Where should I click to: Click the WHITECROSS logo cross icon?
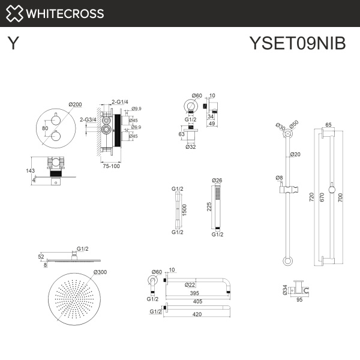tap(16, 13)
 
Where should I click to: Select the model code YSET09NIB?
tap(297, 44)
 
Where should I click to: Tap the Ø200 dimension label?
tap(76, 104)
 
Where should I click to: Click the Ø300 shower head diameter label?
tap(101, 273)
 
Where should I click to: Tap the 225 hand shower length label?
tap(208, 206)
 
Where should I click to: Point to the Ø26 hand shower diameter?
tap(217, 180)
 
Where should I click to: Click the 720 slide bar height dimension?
tap(311, 197)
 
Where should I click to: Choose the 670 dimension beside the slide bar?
tap(325, 197)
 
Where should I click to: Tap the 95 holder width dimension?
tap(298, 302)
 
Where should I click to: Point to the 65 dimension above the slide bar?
tap(328, 125)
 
